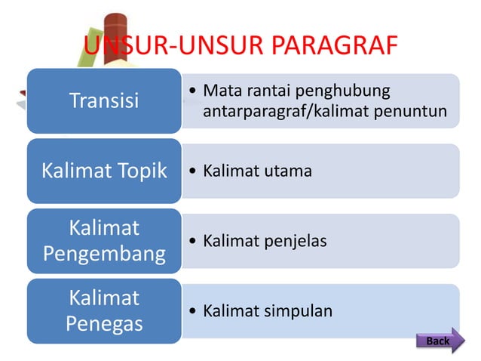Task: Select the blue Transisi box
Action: [104, 100]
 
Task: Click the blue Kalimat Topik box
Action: [104, 171]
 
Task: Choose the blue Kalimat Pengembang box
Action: [104, 241]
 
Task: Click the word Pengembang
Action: [104, 254]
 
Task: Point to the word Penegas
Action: [104, 324]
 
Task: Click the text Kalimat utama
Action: [257, 171]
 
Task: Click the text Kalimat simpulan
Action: [268, 311]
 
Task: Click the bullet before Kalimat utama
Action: [195, 171]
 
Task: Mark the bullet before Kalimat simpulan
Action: [195, 311]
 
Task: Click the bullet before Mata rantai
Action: [195, 91]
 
